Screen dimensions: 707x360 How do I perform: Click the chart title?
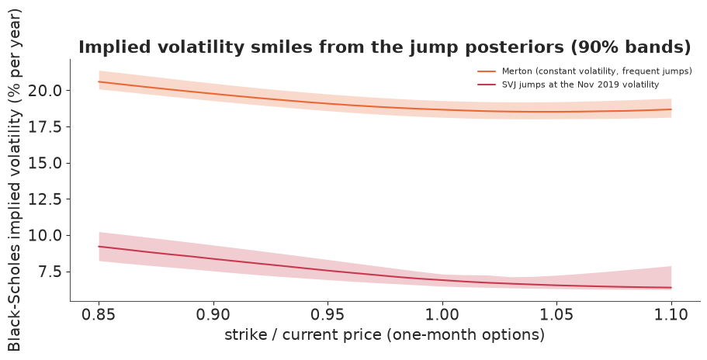click(x=385, y=47)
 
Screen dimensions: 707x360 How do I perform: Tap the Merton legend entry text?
click(x=597, y=71)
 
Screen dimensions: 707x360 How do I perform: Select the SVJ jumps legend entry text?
click(x=581, y=85)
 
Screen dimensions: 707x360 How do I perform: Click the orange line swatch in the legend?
click(x=487, y=71)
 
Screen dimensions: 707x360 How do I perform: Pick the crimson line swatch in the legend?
click(x=487, y=85)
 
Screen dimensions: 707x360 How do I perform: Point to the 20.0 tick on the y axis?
click(x=45, y=91)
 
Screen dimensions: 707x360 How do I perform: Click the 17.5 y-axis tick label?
click(x=45, y=126)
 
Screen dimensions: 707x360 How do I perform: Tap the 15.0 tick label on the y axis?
click(x=45, y=163)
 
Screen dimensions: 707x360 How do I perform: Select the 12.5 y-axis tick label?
click(x=45, y=199)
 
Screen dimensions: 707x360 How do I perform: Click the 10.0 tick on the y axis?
click(x=45, y=236)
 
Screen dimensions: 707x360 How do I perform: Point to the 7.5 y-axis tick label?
click(x=49, y=272)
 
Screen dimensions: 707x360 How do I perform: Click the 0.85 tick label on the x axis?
click(x=99, y=314)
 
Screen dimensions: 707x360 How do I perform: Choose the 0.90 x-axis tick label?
click(x=213, y=314)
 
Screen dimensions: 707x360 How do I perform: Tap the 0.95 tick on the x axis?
click(x=328, y=314)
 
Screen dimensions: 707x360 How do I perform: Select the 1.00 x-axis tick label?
click(x=442, y=314)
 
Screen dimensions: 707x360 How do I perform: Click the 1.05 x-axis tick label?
click(x=557, y=314)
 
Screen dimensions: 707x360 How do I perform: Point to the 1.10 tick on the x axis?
click(x=671, y=314)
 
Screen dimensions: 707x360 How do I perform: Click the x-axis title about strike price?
click(x=385, y=334)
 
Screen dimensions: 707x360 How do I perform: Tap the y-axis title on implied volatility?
click(x=14, y=180)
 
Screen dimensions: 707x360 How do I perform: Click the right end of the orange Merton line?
click(x=671, y=109)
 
